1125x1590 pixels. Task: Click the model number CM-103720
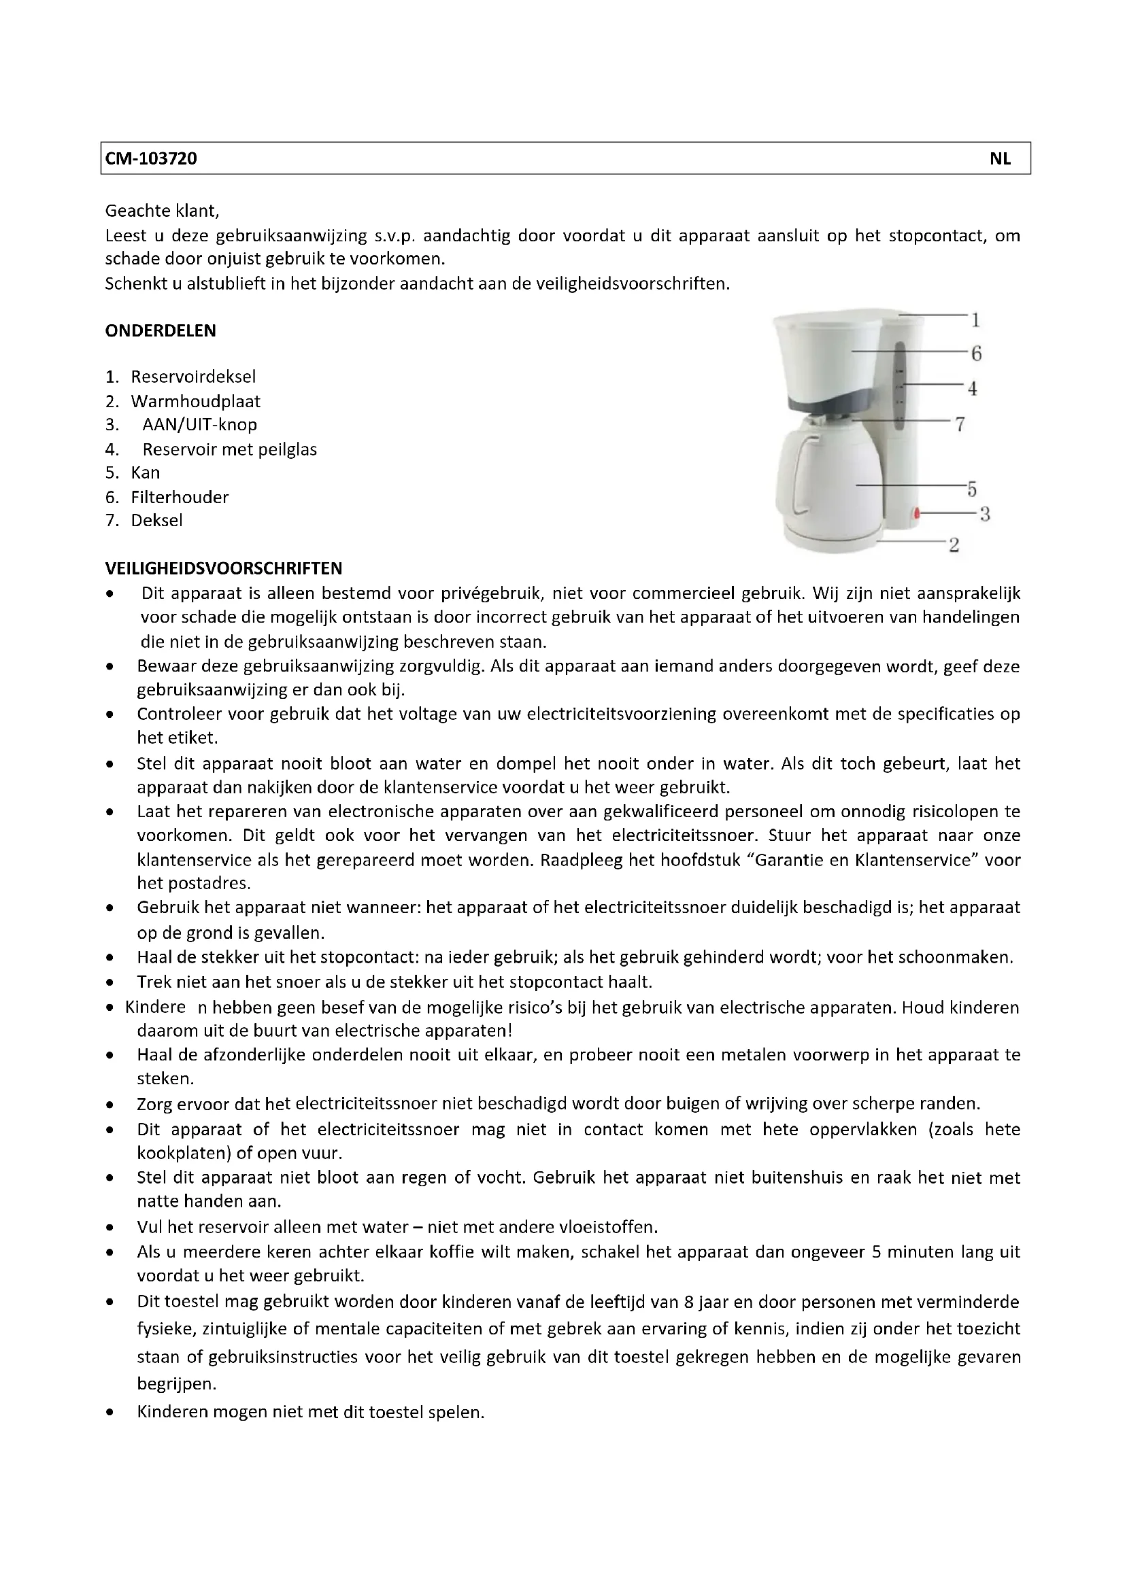[151, 158]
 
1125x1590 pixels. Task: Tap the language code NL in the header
[999, 158]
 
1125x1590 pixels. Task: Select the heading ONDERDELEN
[160, 331]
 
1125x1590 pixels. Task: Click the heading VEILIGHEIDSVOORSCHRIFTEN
[223, 568]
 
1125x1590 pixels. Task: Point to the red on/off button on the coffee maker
[916, 513]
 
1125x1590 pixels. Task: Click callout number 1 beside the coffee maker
[975, 320]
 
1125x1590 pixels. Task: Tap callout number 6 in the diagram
[976, 354]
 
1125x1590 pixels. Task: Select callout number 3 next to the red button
[984, 515]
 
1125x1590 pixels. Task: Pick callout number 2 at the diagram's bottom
[954, 545]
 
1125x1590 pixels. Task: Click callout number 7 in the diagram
[960, 424]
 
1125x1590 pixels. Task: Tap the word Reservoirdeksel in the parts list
[193, 377]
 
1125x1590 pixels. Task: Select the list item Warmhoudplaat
[195, 402]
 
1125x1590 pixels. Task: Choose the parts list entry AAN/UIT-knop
[199, 424]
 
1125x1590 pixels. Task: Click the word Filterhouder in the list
[180, 497]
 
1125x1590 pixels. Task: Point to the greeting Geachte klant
[161, 211]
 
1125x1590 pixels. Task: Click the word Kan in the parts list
[146, 473]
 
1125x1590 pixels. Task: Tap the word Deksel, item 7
[156, 521]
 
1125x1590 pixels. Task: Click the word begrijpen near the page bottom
[177, 1384]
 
